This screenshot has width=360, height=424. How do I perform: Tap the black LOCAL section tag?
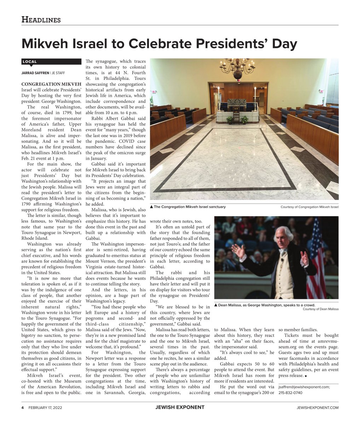[x=30, y=62]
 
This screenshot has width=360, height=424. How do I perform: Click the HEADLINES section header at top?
[x=41, y=20]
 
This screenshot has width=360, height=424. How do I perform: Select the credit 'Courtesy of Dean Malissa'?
[x=320, y=309]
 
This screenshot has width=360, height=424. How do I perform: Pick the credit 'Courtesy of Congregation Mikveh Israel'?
[x=309, y=207]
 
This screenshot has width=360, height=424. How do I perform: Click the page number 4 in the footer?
[x=23, y=407]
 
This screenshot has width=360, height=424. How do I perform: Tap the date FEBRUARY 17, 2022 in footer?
[x=45, y=407]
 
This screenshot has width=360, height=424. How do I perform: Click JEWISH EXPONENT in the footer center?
[x=180, y=407]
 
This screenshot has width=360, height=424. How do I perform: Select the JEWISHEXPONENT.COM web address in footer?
[x=318, y=407]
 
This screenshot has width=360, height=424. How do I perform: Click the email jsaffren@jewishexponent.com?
[x=304, y=387]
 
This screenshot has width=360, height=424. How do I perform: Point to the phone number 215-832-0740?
[x=290, y=393]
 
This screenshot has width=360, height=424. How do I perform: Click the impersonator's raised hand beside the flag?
[x=304, y=257]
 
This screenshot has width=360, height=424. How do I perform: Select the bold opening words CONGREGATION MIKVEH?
[x=52, y=84]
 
